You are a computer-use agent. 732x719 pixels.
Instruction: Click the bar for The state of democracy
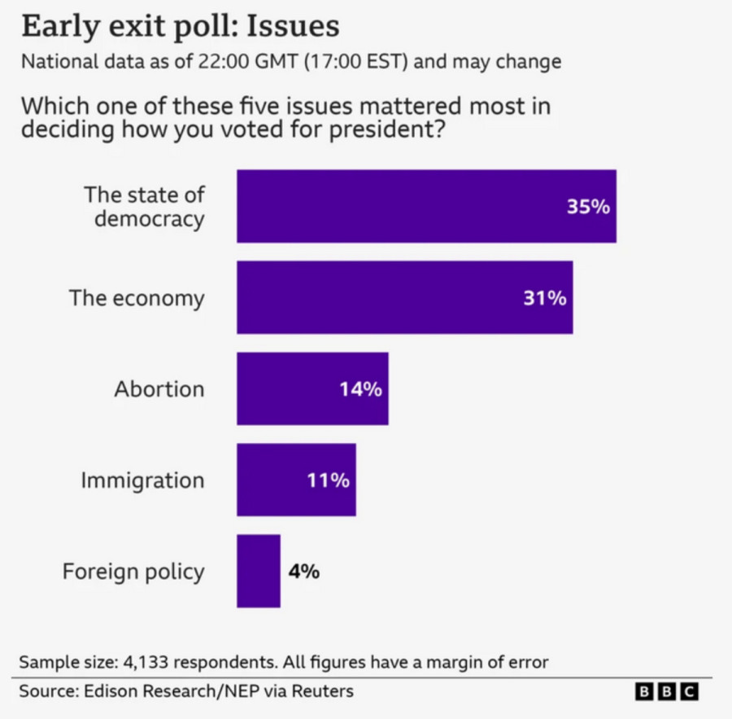[x=426, y=206]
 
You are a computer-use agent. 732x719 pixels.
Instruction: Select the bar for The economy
[x=404, y=297]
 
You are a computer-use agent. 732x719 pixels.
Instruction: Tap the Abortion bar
[x=312, y=388]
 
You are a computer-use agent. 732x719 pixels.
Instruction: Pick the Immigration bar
[x=296, y=480]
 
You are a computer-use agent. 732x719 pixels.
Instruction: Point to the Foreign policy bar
[x=258, y=571]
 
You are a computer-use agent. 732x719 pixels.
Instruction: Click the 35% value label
[x=588, y=207]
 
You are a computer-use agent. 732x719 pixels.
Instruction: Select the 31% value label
[x=544, y=298]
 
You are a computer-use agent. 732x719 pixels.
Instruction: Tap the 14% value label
[x=360, y=389]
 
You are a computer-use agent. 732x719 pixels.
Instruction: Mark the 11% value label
[x=328, y=480]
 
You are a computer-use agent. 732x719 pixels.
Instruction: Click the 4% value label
[x=303, y=572]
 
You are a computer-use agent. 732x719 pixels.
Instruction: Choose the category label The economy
[x=136, y=298]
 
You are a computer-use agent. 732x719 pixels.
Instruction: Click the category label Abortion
[x=159, y=389]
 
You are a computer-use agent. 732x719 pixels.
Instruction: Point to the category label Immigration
[x=142, y=480]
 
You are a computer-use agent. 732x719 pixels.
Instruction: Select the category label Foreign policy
[x=133, y=572]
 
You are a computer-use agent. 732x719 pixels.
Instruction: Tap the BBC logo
[x=665, y=691]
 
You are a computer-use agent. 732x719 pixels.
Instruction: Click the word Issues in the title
[x=293, y=26]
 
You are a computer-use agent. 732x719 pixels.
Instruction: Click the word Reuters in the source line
[x=324, y=691]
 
